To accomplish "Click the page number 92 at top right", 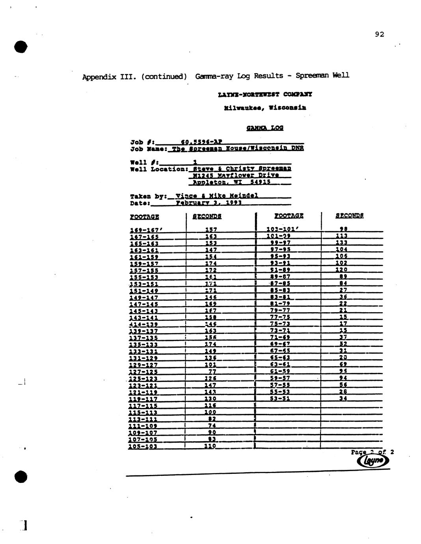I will (379, 35).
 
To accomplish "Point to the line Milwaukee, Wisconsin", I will (265, 107).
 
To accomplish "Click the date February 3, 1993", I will (209, 203).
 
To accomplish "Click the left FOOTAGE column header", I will (144, 216).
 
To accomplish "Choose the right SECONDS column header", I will (349, 215).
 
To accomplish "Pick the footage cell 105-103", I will (143, 446).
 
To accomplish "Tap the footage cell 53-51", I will (280, 398).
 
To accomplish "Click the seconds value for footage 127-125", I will (212, 371).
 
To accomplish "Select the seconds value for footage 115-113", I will (210, 412).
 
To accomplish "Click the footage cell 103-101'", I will (281, 229).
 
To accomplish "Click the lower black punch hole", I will (21, 477).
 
